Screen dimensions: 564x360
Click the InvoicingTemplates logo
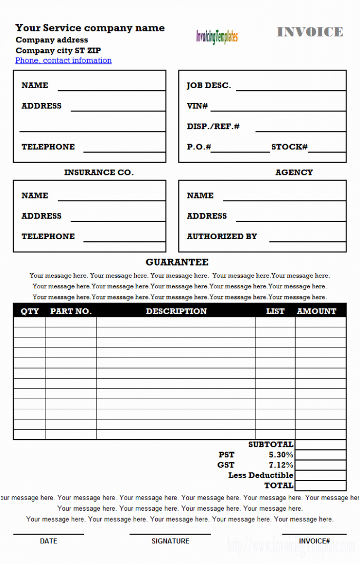(x=217, y=36)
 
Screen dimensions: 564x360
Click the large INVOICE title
(x=310, y=32)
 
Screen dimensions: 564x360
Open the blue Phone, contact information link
(x=63, y=61)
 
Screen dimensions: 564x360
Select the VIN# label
(x=197, y=106)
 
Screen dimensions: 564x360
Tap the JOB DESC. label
(x=209, y=86)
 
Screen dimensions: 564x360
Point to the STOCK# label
(x=289, y=147)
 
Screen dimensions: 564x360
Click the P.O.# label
(x=198, y=147)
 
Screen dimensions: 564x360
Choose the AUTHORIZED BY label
(x=222, y=237)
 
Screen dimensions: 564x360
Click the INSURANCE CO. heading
(x=99, y=173)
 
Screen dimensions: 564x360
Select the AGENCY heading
(x=294, y=173)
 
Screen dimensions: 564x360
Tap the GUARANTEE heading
(x=177, y=262)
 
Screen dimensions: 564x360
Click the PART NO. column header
(x=71, y=312)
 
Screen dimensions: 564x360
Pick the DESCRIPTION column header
(x=176, y=312)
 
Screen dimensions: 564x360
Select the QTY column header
(x=30, y=312)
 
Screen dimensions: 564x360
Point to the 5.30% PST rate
(x=281, y=455)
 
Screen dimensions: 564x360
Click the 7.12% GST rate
(x=281, y=465)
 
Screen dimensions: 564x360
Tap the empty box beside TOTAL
(x=320, y=485)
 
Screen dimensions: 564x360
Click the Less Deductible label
(x=260, y=475)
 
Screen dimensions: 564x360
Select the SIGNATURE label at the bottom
(x=170, y=541)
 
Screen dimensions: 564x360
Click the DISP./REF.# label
(x=213, y=127)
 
